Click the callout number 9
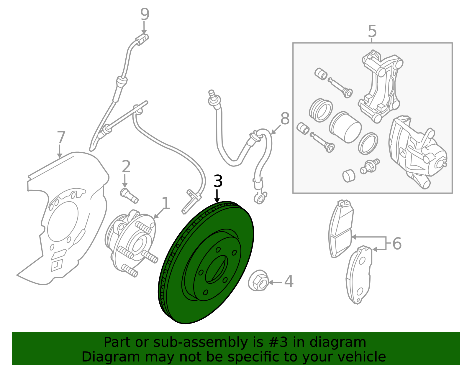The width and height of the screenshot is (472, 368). tap(145, 14)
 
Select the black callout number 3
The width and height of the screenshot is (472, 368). tap(218, 181)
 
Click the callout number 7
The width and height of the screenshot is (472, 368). tap(60, 138)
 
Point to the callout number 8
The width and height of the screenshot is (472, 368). tap(285, 119)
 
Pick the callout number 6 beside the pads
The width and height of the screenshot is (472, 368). tap(397, 244)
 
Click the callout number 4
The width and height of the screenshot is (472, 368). tap(289, 282)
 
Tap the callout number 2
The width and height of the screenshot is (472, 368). tap(126, 167)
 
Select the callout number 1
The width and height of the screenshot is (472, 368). tap(166, 204)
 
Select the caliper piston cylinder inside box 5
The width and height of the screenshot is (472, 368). tap(345, 127)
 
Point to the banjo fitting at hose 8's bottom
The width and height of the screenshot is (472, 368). tap(260, 198)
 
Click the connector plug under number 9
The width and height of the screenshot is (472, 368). tap(142, 39)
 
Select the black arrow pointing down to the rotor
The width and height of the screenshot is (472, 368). tap(217, 196)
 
